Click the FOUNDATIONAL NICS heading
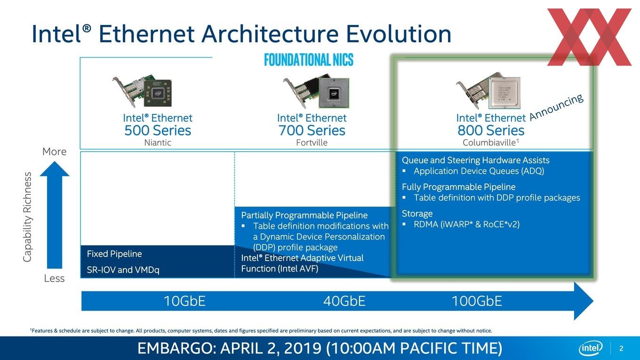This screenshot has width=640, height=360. pyautogui.click(x=309, y=60)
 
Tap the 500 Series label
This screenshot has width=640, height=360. pyautogui.click(x=158, y=130)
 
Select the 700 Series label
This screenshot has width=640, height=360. pyautogui.click(x=312, y=130)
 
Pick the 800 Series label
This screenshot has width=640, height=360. pyautogui.click(x=491, y=130)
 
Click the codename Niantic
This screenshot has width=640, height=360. pyautogui.click(x=158, y=143)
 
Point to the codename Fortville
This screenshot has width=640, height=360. pyautogui.click(x=312, y=143)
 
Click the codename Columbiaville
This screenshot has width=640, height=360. pyautogui.click(x=489, y=143)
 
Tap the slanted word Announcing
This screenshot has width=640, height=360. pyautogui.click(x=556, y=107)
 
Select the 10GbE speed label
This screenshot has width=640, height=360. pyautogui.click(x=184, y=301)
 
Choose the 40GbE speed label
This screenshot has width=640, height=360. pyautogui.click(x=344, y=301)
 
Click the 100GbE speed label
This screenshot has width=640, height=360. pyautogui.click(x=477, y=301)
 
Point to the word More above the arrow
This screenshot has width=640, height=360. pyautogui.click(x=54, y=152)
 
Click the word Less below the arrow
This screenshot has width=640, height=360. pyautogui.click(x=54, y=278)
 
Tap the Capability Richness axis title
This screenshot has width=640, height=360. pyautogui.click(x=27, y=217)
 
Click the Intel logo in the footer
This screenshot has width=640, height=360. pyautogui.click(x=591, y=348)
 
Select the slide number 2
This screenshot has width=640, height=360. pyautogui.click(x=621, y=349)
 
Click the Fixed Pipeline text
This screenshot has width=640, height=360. pyautogui.click(x=114, y=254)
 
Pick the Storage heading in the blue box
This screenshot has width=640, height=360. pyautogui.click(x=417, y=214)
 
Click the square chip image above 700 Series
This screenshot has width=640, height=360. pyautogui.click(x=334, y=93)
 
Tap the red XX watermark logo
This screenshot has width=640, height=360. pyautogui.click(x=589, y=37)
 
